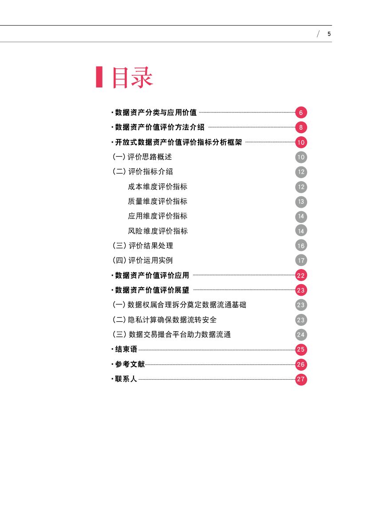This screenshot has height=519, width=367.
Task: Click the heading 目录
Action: click(132, 78)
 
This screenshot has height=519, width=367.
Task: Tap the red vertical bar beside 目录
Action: click(99, 77)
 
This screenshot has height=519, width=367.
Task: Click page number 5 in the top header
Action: click(329, 34)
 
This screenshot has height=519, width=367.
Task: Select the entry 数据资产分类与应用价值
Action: click(156, 112)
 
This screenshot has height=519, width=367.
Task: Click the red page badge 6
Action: click(301, 113)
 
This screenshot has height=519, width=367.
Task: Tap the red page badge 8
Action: click(301, 128)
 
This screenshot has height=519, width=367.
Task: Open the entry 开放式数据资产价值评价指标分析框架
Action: click(178, 143)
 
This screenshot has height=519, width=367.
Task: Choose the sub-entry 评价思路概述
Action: click(150, 157)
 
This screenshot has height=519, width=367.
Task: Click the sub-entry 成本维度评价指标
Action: click(158, 186)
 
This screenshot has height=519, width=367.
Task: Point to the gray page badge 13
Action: click(301, 202)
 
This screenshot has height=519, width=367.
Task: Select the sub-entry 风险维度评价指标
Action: click(158, 231)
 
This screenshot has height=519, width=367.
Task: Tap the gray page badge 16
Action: click(301, 246)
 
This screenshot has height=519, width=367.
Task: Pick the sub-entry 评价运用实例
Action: click(150, 261)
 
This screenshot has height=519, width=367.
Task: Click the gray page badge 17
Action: click(301, 261)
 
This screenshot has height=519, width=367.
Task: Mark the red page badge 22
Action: click(301, 275)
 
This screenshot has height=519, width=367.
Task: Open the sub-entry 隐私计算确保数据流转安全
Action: click(172, 320)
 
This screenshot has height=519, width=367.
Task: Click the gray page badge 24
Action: click(301, 335)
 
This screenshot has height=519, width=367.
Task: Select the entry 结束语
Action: click(126, 349)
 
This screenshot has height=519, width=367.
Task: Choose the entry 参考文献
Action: click(130, 364)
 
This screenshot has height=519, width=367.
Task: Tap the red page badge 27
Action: click(301, 379)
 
